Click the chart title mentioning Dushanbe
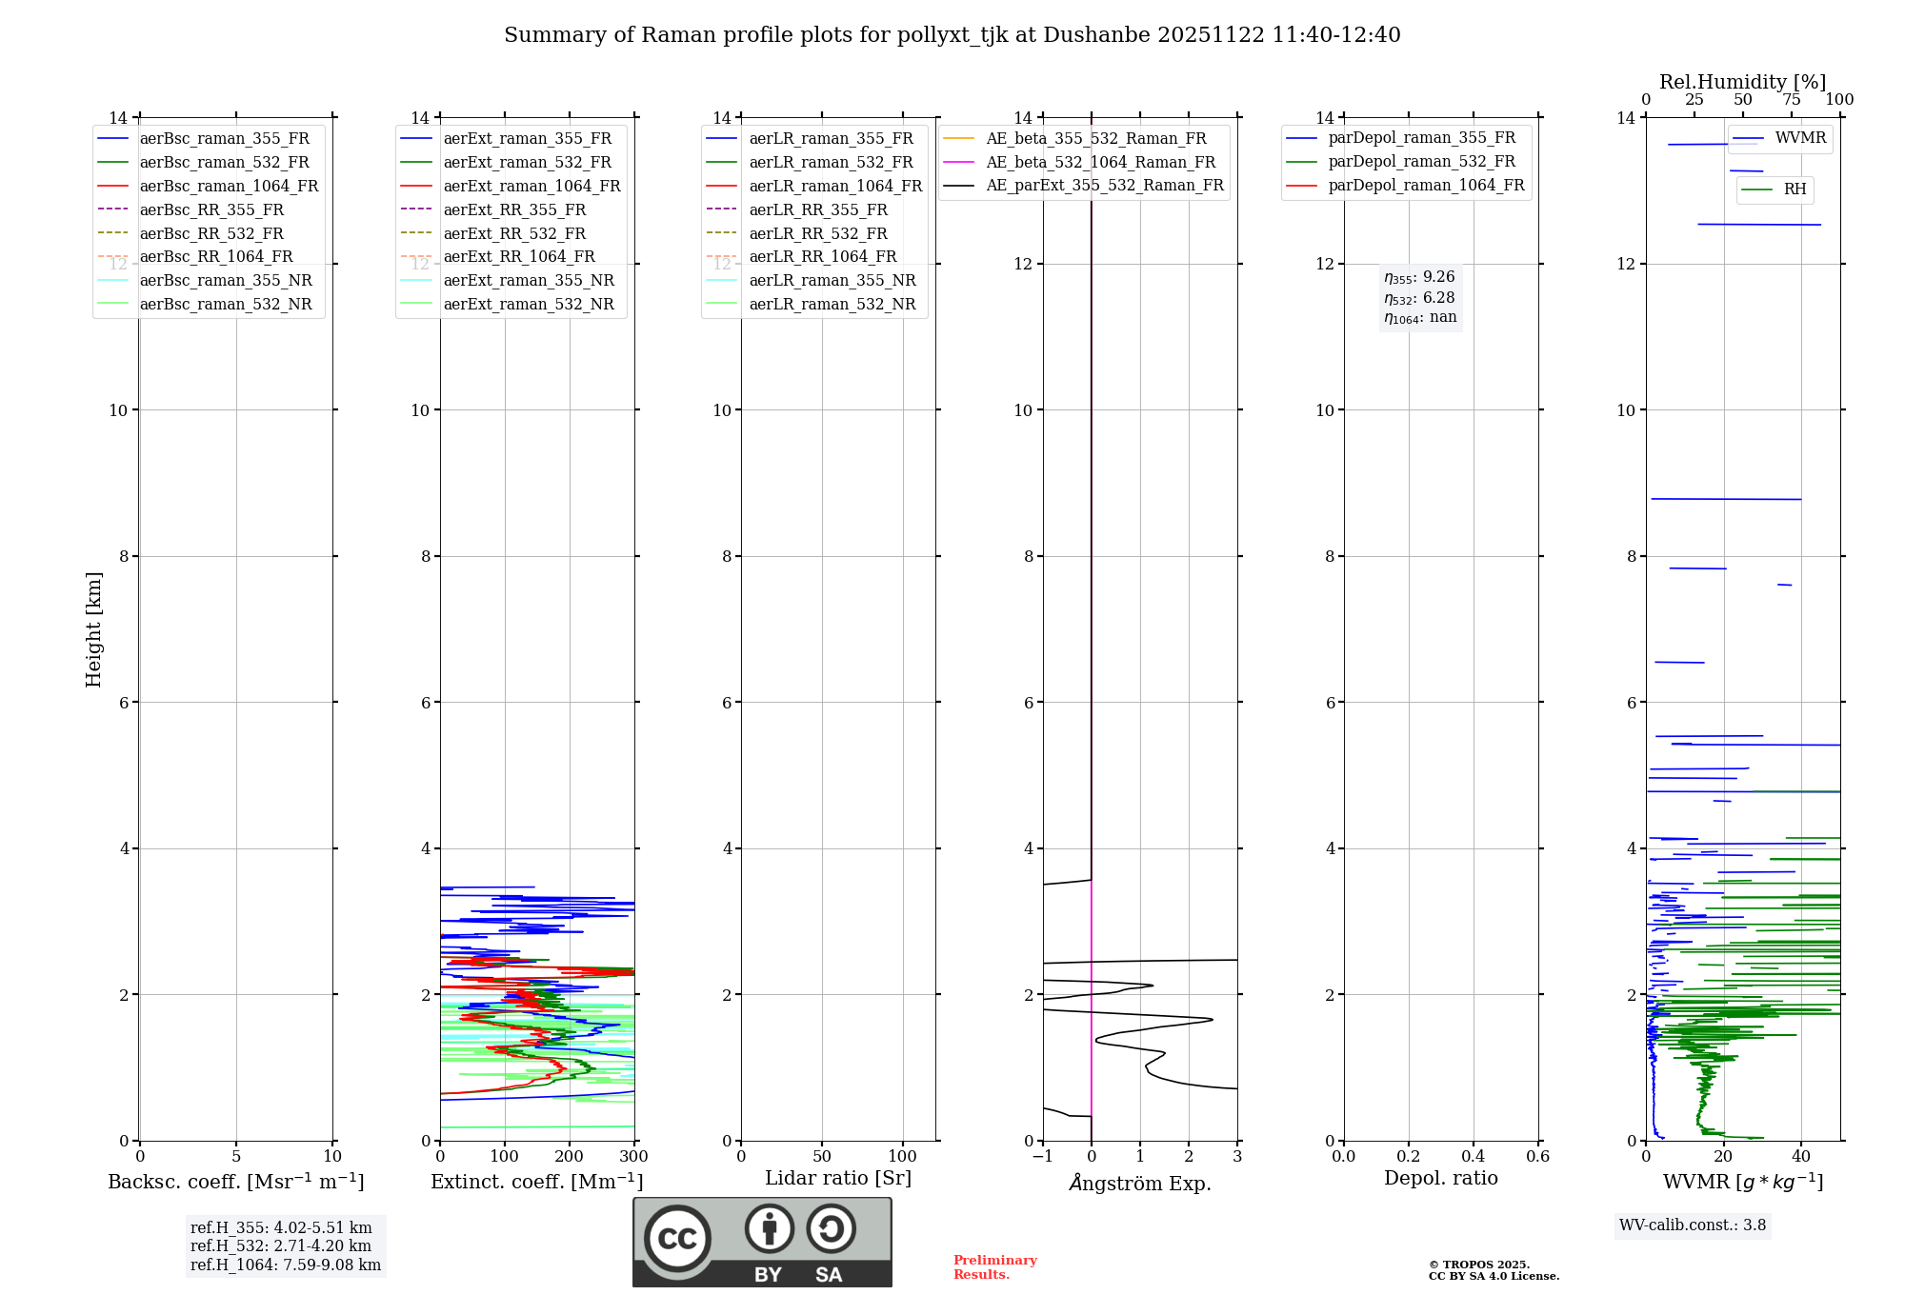pos(952,35)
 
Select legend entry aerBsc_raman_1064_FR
pos(229,187)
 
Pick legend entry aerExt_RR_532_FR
pos(514,233)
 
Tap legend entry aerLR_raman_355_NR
pos(832,281)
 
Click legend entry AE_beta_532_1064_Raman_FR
pos(1100,163)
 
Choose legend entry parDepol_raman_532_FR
pos(1421,162)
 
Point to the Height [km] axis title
pos(93,629)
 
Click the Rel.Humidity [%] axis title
pos(1742,82)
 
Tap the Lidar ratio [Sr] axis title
pos(838,1179)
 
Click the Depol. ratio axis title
pos(1440,1179)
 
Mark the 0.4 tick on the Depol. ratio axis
pos(1473,1157)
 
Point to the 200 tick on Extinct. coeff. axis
pos(569,1157)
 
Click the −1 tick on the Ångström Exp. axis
pos(1042,1157)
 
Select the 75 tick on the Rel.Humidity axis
pos(1791,100)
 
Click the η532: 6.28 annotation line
pos(1419,298)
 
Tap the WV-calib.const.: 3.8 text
pos(1693,1225)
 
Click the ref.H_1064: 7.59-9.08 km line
pos(286,1265)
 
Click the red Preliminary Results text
pos(994,1267)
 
